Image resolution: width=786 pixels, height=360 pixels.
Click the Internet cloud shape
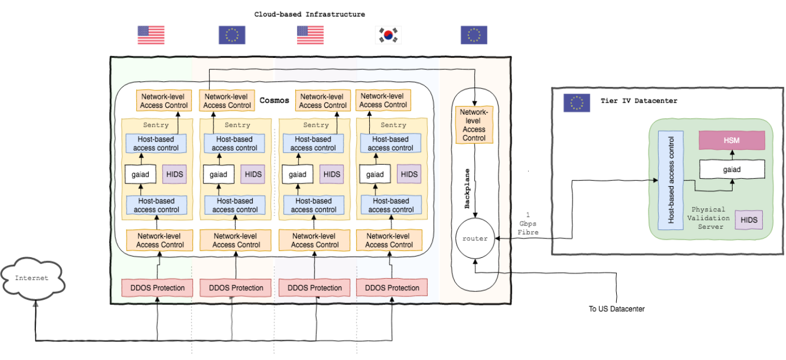(x=32, y=278)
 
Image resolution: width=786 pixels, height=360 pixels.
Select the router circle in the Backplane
(x=475, y=238)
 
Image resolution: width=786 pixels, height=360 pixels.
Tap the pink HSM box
(x=731, y=140)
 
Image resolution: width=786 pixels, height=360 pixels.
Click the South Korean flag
(x=388, y=35)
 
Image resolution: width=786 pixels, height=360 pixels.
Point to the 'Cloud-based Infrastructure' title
(x=310, y=14)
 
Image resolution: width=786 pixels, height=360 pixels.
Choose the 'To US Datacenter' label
(x=617, y=309)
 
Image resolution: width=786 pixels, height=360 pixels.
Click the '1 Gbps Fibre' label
(x=528, y=224)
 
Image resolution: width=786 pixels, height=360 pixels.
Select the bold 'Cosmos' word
(x=275, y=101)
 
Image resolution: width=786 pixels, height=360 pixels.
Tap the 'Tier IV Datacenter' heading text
(x=639, y=101)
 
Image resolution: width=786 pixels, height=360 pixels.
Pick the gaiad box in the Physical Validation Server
(x=731, y=169)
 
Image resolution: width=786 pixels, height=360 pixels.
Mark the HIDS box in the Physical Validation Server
(x=749, y=220)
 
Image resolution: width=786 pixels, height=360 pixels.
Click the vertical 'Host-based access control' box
(x=671, y=181)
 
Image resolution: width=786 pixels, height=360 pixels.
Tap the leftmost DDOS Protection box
(x=157, y=288)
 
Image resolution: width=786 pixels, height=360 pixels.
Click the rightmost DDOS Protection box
(x=392, y=288)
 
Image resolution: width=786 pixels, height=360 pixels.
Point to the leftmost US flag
(x=151, y=35)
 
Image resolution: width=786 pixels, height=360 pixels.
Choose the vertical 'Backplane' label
(x=467, y=188)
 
